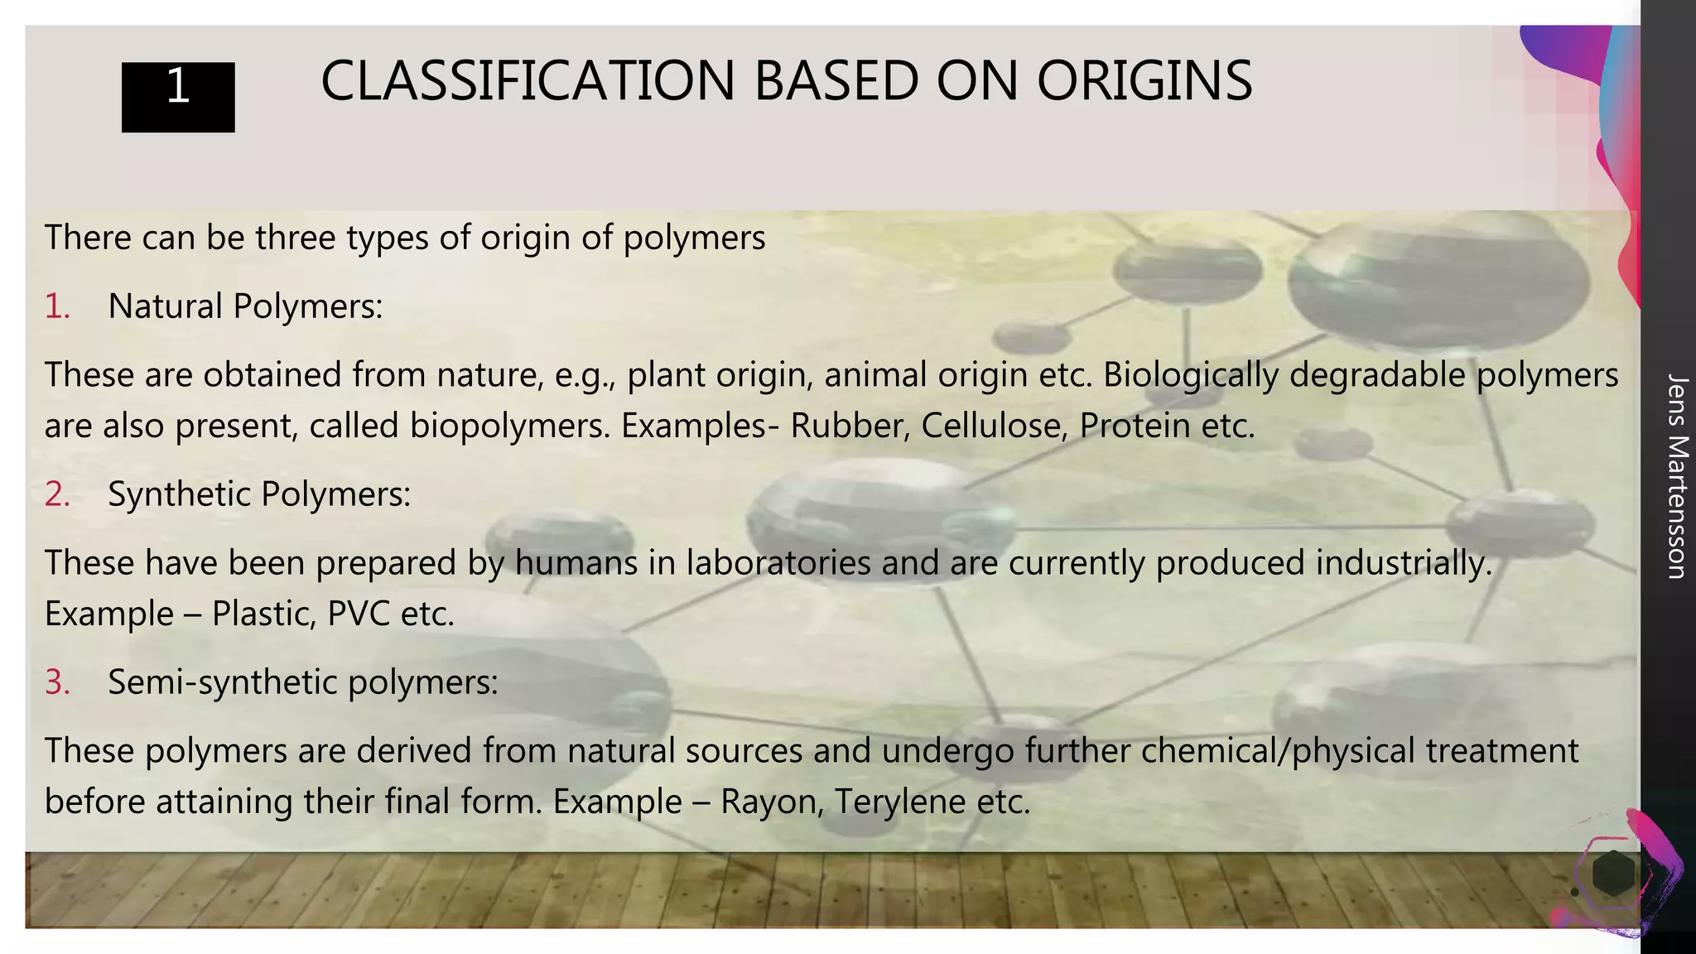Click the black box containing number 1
(x=178, y=96)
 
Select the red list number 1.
(x=56, y=306)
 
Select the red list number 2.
(x=56, y=494)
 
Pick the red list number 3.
(x=56, y=682)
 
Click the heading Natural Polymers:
(x=245, y=306)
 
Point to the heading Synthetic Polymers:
(x=259, y=494)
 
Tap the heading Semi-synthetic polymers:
(x=302, y=682)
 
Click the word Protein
(x=1134, y=426)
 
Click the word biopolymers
(x=509, y=426)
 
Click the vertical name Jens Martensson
(x=1675, y=476)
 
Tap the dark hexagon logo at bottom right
(x=1612, y=874)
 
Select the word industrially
(x=1404, y=563)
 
